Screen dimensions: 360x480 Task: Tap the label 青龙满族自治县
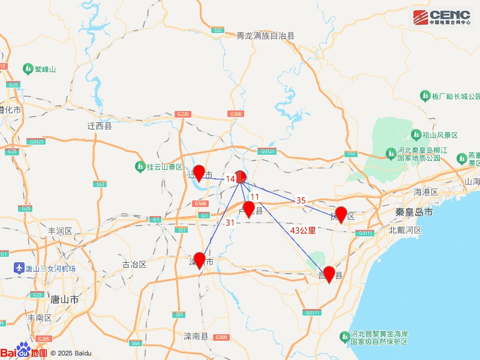click(x=266, y=36)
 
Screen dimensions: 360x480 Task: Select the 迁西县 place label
click(x=100, y=127)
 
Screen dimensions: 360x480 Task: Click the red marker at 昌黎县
click(x=329, y=274)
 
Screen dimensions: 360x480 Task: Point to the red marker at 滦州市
click(x=200, y=260)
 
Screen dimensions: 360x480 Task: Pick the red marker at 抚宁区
click(x=341, y=214)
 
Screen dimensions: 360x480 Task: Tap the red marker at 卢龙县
click(x=248, y=209)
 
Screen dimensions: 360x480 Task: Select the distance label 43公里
click(x=302, y=230)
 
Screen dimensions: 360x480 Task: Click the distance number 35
click(x=301, y=200)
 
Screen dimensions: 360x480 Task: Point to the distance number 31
click(x=230, y=223)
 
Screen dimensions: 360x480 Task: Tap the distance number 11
click(x=255, y=197)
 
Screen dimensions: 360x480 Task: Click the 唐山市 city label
click(x=65, y=299)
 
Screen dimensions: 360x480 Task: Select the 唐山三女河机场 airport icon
click(x=19, y=268)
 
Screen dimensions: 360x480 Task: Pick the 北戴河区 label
click(x=405, y=230)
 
